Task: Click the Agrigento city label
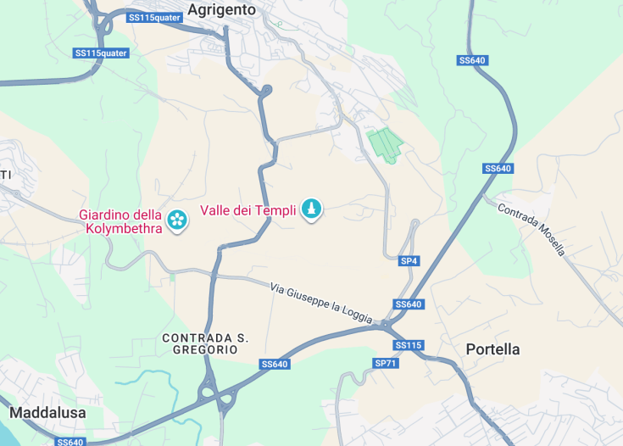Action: [x=221, y=10]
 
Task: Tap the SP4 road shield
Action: [x=409, y=261]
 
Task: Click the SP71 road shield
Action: [x=385, y=363]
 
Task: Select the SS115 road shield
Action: [x=409, y=345]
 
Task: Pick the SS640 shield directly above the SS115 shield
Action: [x=409, y=304]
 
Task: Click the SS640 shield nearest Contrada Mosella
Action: [x=498, y=169]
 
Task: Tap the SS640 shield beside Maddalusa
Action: [x=70, y=442]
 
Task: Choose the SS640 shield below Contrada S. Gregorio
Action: [x=275, y=364]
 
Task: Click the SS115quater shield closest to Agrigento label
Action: [x=155, y=17]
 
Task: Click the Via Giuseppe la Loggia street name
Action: [x=321, y=302]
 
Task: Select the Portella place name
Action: [x=492, y=349]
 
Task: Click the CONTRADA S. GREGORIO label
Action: [x=205, y=343]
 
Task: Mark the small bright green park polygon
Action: [x=384, y=144]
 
